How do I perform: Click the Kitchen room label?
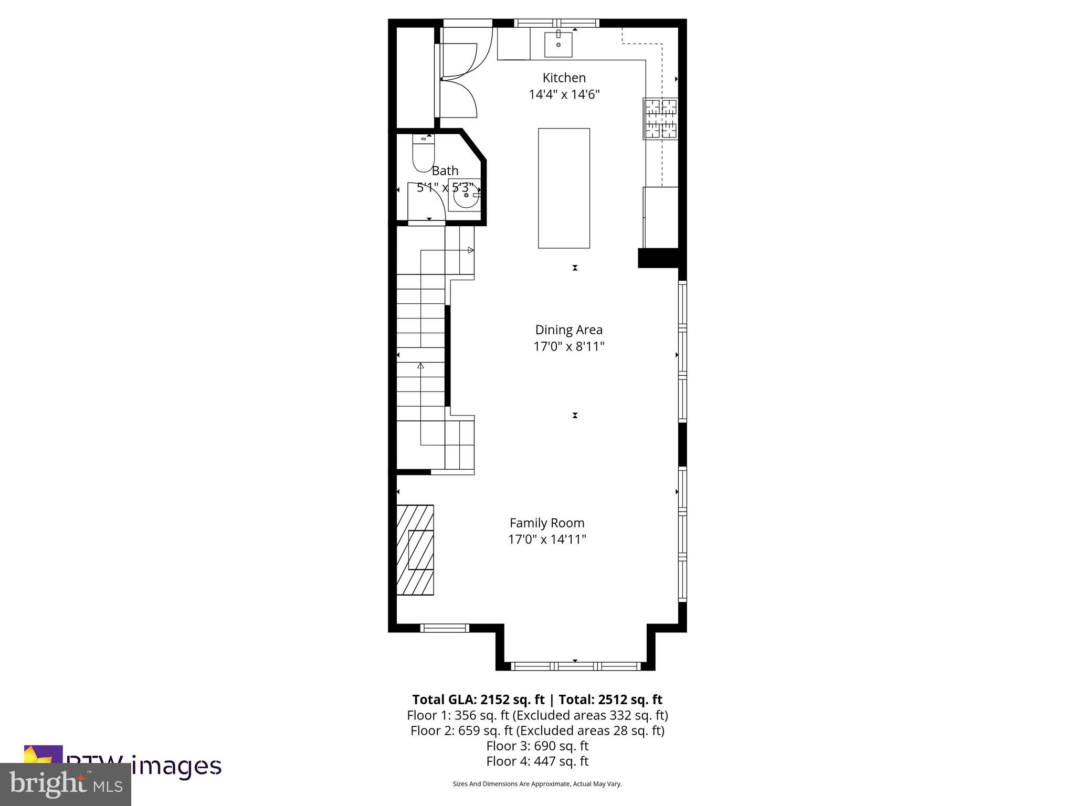click(564, 78)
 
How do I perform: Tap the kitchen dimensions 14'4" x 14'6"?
click(564, 95)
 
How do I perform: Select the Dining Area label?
click(568, 330)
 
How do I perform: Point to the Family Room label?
click(547, 523)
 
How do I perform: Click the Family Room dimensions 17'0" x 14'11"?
click(547, 539)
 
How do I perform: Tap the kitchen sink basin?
click(558, 44)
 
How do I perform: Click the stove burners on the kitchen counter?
click(660, 119)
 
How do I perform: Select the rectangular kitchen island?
click(564, 188)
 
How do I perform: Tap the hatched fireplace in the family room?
click(415, 550)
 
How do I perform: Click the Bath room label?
click(445, 171)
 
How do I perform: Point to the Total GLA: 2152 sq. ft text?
click(478, 699)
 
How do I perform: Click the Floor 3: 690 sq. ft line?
click(537, 746)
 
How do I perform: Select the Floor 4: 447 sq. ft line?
click(537, 761)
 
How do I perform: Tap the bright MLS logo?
click(66, 784)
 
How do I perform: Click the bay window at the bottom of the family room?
click(575, 666)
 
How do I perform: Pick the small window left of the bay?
click(445, 628)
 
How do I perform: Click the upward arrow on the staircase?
click(420, 366)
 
